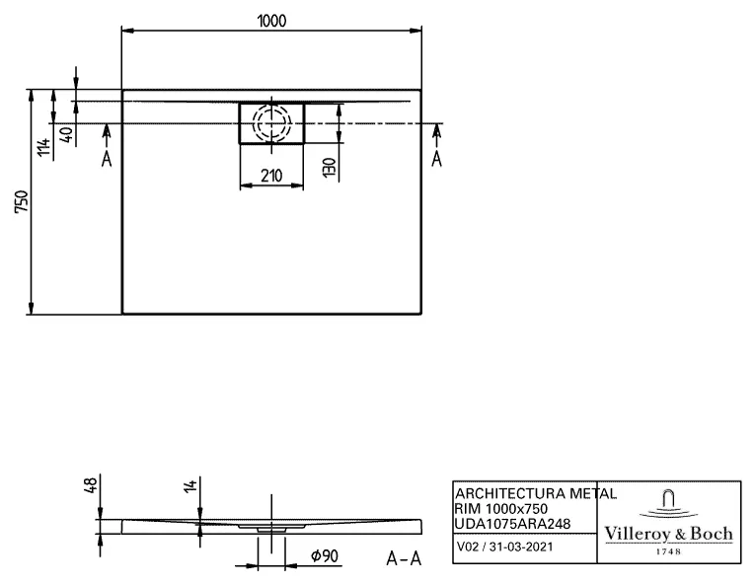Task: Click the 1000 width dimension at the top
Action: coord(269,20)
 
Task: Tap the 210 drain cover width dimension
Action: coord(271,176)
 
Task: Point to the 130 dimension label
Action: coord(330,167)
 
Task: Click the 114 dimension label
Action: coord(43,147)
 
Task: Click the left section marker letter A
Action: coord(106,159)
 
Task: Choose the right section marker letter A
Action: coord(436,159)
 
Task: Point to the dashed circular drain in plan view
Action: coord(271,123)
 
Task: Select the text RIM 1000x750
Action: coord(501,508)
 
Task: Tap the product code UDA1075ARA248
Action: coord(511,523)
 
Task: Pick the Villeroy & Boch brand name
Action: coord(668,534)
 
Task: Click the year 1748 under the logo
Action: coord(668,551)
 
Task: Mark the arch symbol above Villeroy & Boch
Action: coord(668,500)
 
